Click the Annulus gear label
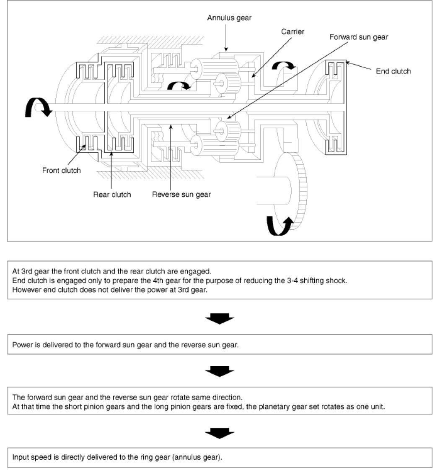[x=229, y=18]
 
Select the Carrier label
[x=292, y=32]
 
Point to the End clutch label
[x=393, y=71]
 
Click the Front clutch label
[x=62, y=171]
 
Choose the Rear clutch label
[x=112, y=194]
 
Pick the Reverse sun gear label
[x=181, y=194]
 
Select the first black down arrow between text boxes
[x=219, y=319]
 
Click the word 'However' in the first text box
[x=26, y=289]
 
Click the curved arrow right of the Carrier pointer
[x=283, y=66]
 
